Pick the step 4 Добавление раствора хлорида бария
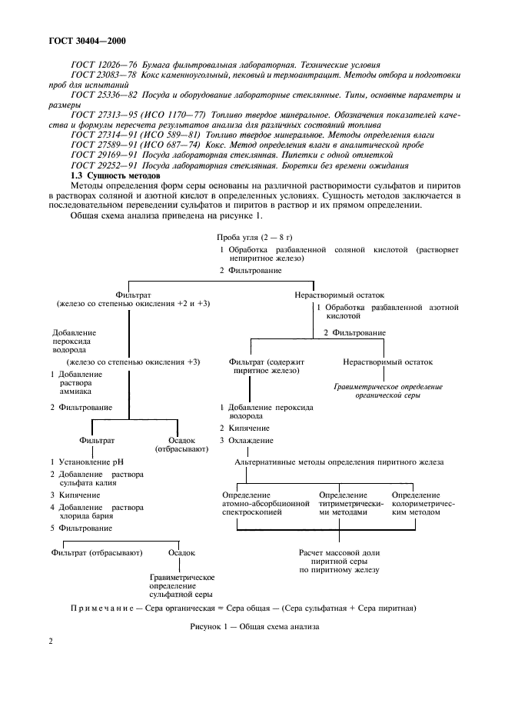(96, 512)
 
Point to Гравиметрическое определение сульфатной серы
(181, 585)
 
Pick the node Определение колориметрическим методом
(416, 503)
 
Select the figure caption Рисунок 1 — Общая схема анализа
(254, 626)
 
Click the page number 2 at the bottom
(51, 662)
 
